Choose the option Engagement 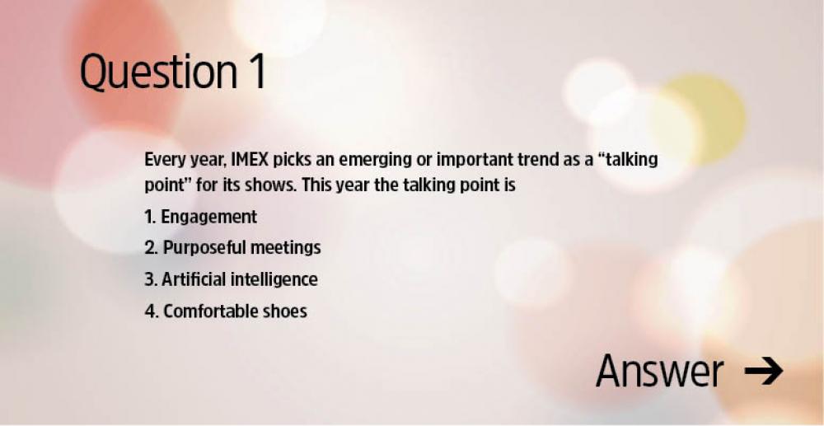click(x=209, y=218)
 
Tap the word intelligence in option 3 click(x=273, y=280)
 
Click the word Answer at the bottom click(x=659, y=372)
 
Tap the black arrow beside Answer click(x=764, y=371)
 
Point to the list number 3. click(x=149, y=279)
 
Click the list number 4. click(x=150, y=311)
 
